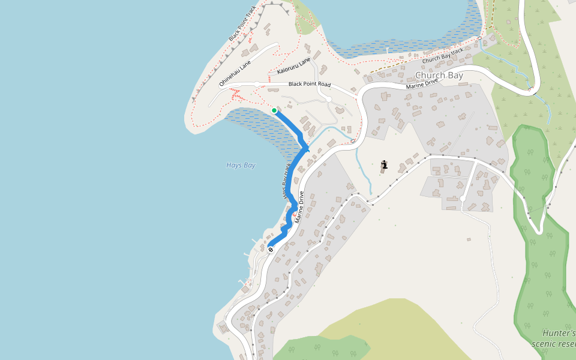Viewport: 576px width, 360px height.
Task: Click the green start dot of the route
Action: pyautogui.click(x=274, y=110)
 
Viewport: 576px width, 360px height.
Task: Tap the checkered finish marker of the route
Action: pyautogui.click(x=271, y=249)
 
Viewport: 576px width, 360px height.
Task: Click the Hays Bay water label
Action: pyautogui.click(x=241, y=165)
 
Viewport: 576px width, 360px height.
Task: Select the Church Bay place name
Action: pyautogui.click(x=439, y=76)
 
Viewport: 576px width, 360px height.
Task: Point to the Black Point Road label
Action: pyautogui.click(x=309, y=85)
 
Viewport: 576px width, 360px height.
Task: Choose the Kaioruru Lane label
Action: pyautogui.click(x=294, y=67)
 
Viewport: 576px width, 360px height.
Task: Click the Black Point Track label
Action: pyautogui.click(x=242, y=24)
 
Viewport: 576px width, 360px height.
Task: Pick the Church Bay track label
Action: pyautogui.click(x=443, y=56)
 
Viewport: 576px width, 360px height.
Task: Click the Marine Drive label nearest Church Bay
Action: pyautogui.click(x=422, y=83)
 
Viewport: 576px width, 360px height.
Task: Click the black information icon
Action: pyautogui.click(x=384, y=164)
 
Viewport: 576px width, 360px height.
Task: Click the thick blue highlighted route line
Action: pyautogui.click(x=295, y=174)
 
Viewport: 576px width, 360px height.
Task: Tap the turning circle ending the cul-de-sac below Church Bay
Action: pyautogui.click(x=463, y=199)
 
